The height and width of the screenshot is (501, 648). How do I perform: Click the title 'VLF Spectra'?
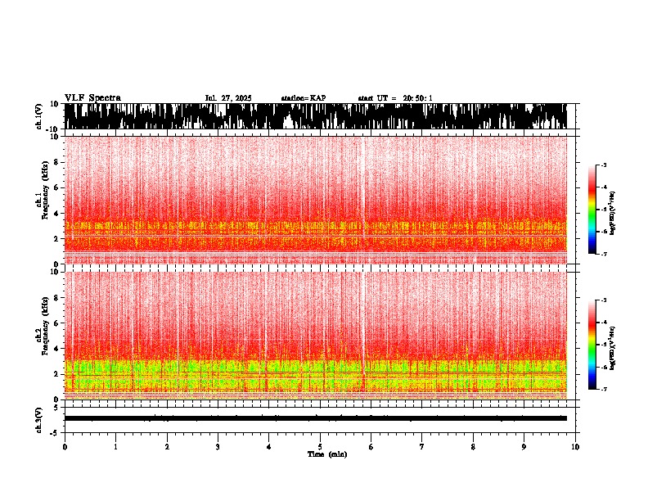(92, 97)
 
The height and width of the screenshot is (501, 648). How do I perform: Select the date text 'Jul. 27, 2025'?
(228, 98)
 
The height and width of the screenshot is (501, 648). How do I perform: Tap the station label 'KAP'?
(317, 98)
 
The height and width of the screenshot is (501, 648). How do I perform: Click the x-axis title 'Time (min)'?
(326, 454)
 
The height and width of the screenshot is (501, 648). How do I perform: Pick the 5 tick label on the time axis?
(320, 447)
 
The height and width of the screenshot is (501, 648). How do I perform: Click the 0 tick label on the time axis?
(65, 447)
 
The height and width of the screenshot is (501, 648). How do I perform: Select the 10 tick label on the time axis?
(575, 447)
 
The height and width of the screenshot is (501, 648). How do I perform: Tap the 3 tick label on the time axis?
(218, 447)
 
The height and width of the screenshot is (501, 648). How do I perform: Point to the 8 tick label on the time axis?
(473, 447)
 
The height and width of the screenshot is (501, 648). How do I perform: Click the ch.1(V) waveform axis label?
(38, 116)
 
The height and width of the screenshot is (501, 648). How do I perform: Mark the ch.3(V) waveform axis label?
(38, 418)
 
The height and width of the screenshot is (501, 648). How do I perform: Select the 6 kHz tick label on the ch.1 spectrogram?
(56, 187)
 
